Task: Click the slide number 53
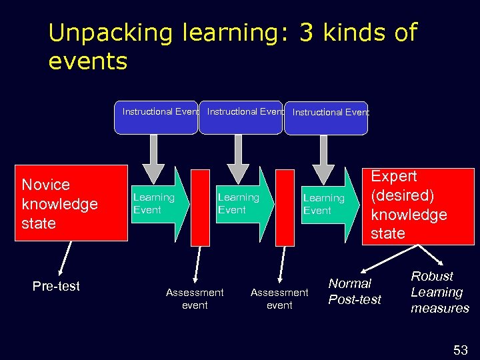tap(461, 349)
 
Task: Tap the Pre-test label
tap(56, 286)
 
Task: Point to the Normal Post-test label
tap(354, 291)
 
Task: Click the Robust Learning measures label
tap(439, 292)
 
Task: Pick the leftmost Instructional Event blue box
tap(160, 117)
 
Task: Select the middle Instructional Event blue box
tap(241, 117)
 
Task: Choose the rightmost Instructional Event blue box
tap(326, 117)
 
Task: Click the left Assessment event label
tap(195, 299)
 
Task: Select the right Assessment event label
tap(279, 299)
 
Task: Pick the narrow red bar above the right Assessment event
tap(285, 207)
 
